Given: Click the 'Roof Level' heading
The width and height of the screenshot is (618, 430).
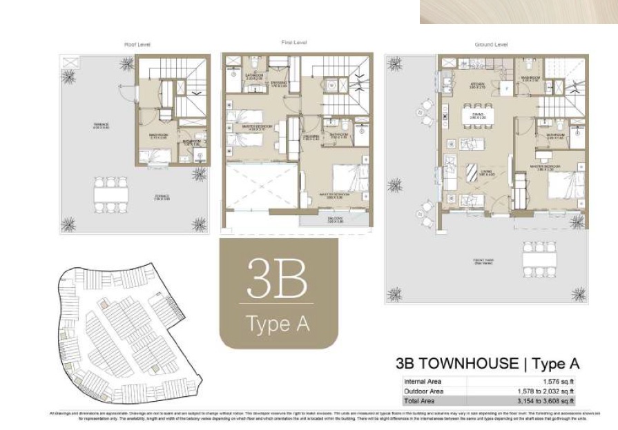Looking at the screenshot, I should pyautogui.click(x=137, y=45).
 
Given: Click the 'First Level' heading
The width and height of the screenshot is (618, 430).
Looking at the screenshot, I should pyautogui.click(x=294, y=43).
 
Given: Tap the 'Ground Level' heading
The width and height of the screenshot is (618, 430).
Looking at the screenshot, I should pyautogui.click(x=491, y=45).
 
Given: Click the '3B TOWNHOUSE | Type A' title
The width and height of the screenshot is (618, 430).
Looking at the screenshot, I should pyautogui.click(x=487, y=364).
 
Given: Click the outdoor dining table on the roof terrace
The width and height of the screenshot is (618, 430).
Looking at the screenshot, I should pyautogui.click(x=112, y=195).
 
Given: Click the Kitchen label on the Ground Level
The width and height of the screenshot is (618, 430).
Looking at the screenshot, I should pyautogui.click(x=477, y=86).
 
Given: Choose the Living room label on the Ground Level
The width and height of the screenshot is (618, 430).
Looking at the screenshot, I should pyautogui.click(x=476, y=173).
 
